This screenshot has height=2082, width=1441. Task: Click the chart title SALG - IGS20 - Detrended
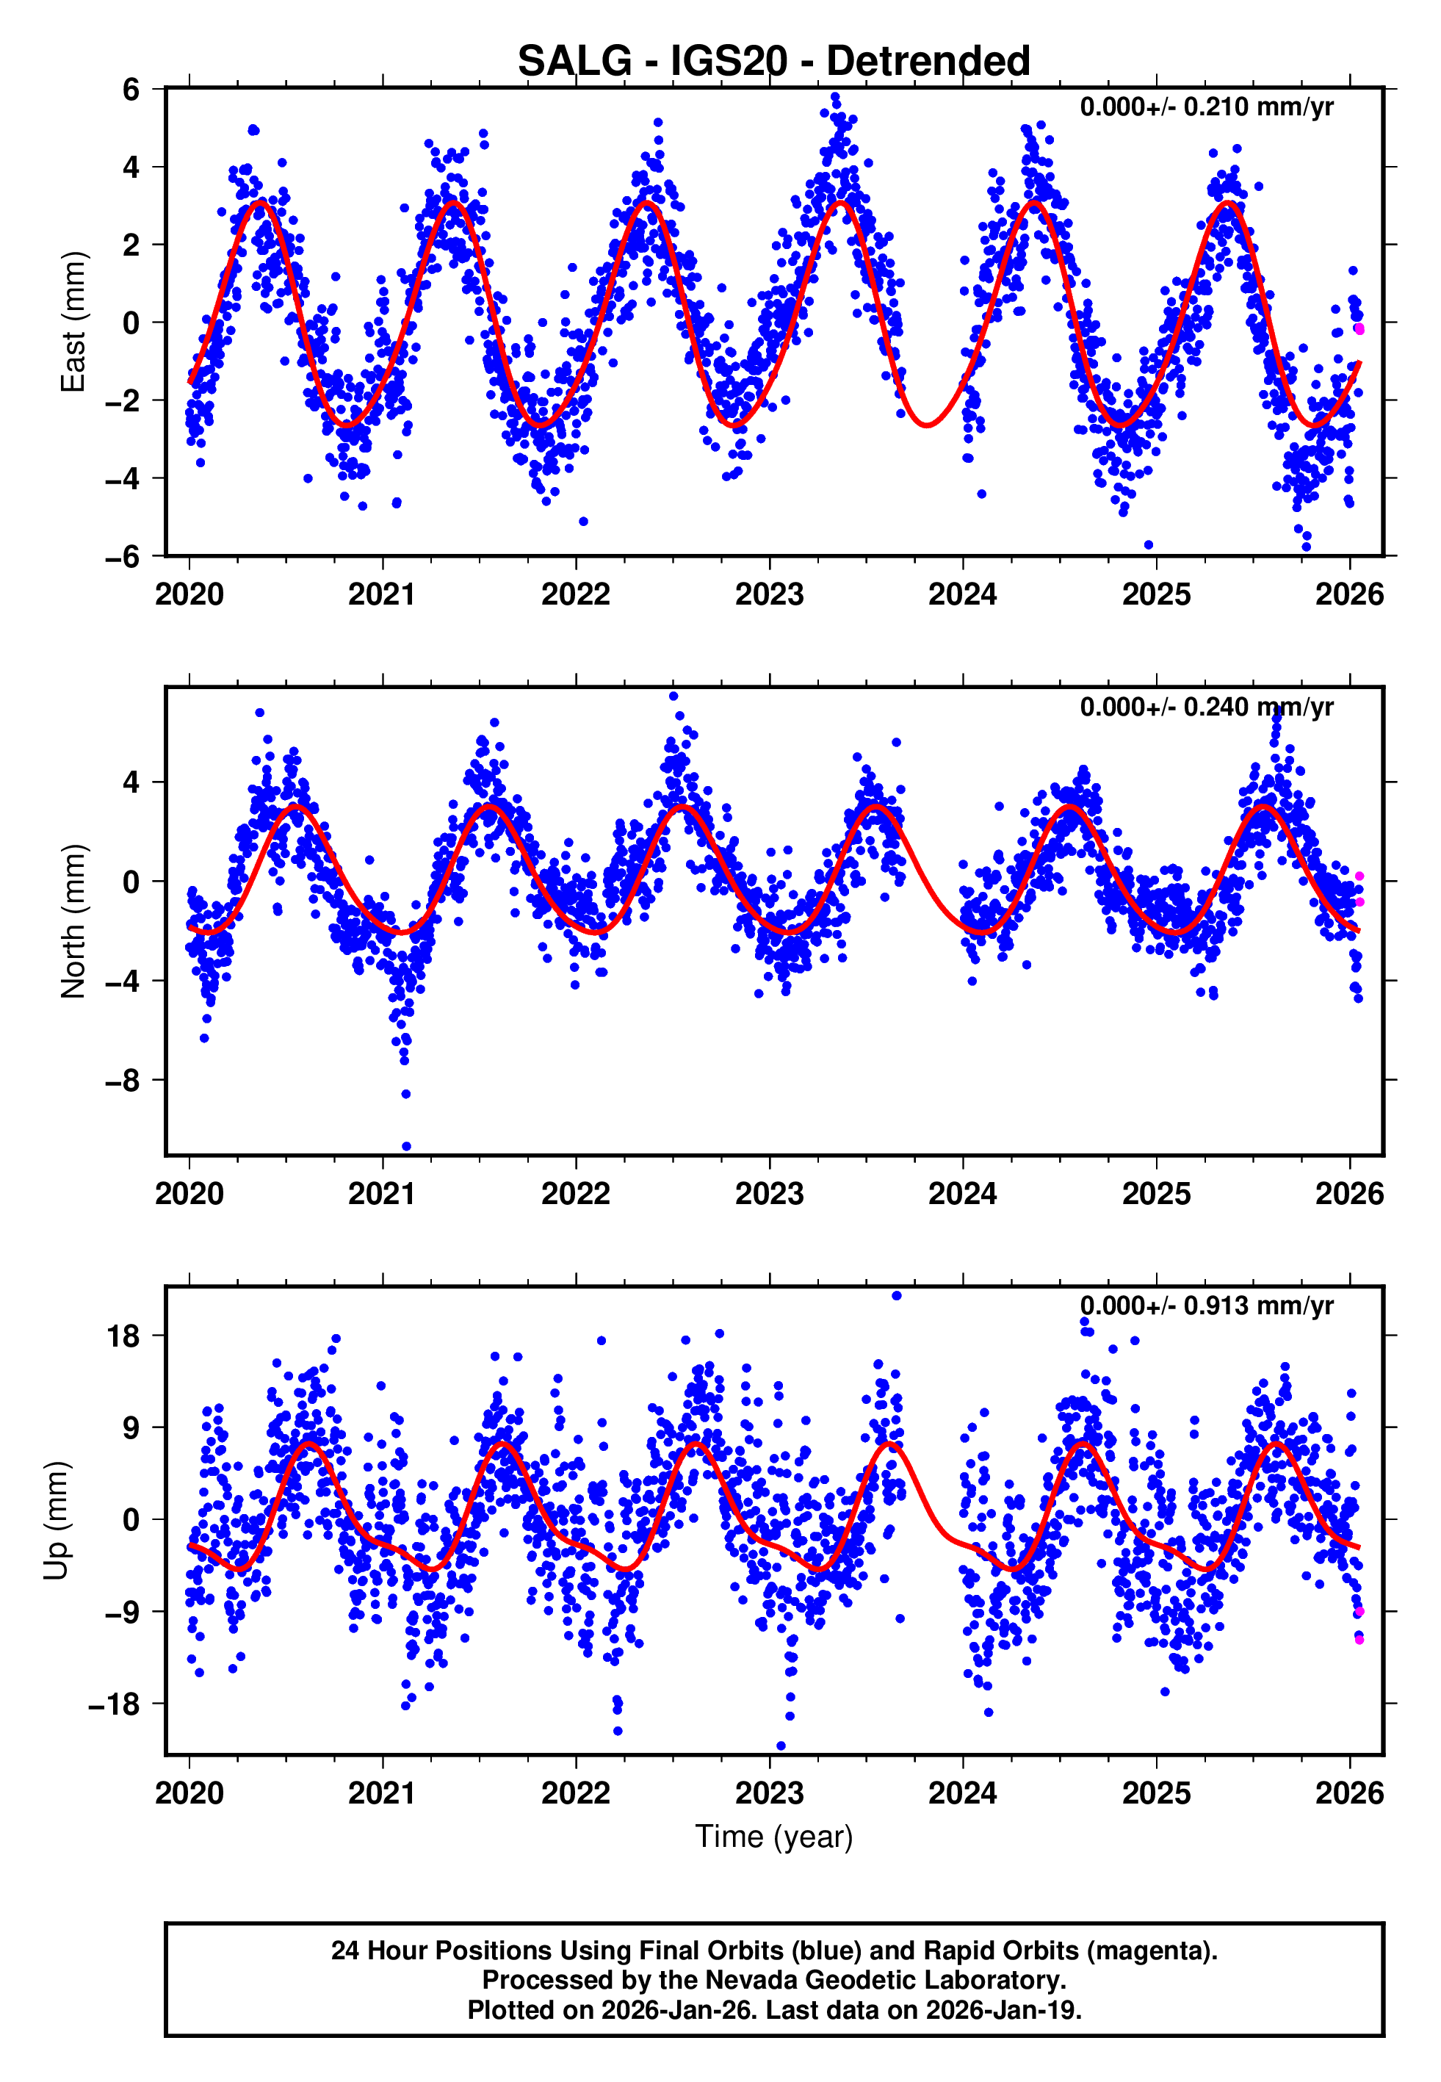pos(774,62)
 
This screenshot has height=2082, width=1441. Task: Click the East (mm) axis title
pos(72,322)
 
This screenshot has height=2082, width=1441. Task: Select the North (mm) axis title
pos(72,921)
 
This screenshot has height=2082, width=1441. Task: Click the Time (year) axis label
pos(774,1837)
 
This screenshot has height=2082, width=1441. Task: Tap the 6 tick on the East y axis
pos(131,90)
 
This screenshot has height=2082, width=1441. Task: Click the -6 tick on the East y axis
pos(123,556)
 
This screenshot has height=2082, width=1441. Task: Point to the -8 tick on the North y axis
pos(123,1080)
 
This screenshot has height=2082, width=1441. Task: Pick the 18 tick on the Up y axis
pos(123,1336)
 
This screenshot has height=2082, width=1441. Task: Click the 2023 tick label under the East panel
pos(769,594)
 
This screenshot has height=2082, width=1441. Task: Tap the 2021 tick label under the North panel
pos(382,1194)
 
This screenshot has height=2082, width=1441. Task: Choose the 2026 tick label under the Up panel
pos(1349,1793)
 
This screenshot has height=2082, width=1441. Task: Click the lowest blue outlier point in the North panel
pos(406,1147)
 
